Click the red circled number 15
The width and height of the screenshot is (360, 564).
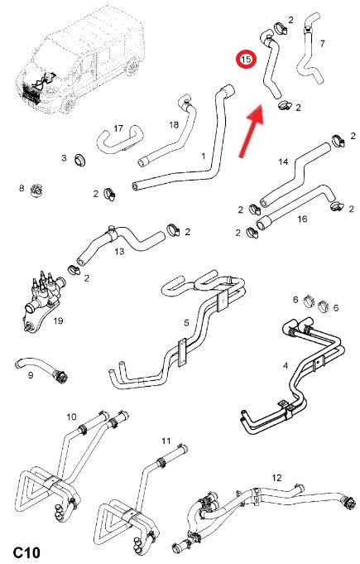coord(246,60)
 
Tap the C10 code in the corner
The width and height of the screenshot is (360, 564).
coord(26,552)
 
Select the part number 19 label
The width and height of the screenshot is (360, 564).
coord(58,321)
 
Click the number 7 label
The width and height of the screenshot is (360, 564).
coord(322,44)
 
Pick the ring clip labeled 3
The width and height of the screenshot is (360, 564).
coord(79,160)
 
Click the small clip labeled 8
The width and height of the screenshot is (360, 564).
coord(36,190)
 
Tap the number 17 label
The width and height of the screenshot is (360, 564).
coord(118,128)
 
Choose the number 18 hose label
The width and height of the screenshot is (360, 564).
coord(174,125)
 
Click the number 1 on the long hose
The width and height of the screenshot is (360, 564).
coord(204,156)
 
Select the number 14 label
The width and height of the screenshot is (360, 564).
coord(283,161)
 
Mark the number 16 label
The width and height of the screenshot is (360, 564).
coord(302,219)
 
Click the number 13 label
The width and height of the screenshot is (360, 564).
coord(119,251)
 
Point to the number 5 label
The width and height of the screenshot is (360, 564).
coord(186,323)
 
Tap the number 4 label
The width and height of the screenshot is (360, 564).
coord(286,366)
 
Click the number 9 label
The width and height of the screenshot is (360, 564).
coord(31,375)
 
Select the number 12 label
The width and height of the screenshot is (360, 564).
coord(276,478)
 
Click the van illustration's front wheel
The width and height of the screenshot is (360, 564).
coord(68,104)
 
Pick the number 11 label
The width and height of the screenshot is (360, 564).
coord(166,441)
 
